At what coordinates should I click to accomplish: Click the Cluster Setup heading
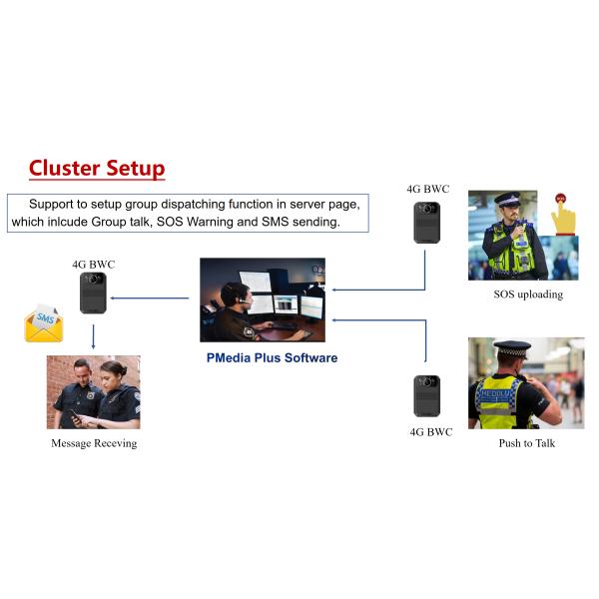97,168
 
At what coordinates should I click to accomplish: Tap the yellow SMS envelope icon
44,323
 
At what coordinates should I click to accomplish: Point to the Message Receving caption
94,443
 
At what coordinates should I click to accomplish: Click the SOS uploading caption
528,295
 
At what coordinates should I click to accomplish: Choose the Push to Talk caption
526,443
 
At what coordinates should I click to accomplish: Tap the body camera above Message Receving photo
94,293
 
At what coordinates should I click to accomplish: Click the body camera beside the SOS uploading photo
427,222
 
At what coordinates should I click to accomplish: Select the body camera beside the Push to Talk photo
427,395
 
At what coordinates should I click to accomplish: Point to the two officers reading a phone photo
94,392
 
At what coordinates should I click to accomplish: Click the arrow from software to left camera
150,298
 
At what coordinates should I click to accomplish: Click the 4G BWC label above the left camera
94,265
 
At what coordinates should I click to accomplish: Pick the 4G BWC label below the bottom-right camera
430,432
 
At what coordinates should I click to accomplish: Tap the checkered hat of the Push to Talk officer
513,348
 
